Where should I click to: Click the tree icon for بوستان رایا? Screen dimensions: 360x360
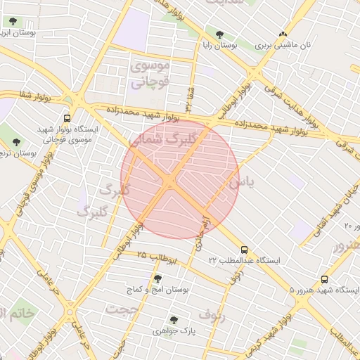219,34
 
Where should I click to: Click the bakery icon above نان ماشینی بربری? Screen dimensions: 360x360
283,34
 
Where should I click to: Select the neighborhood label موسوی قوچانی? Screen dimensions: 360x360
149,73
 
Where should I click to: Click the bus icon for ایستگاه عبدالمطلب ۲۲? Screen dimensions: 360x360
244,250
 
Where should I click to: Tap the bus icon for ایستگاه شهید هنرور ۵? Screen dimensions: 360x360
324,280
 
